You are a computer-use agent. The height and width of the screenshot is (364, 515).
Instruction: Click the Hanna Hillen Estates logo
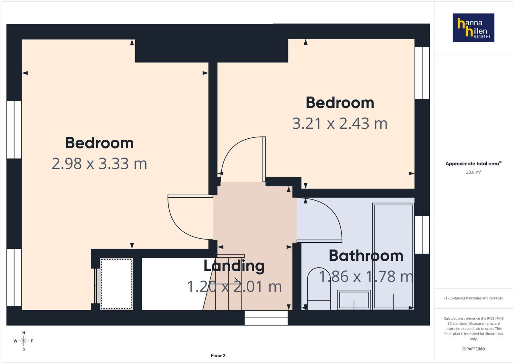pyautogui.click(x=473, y=28)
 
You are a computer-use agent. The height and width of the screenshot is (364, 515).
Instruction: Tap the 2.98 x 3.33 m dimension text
pyautogui.click(x=99, y=163)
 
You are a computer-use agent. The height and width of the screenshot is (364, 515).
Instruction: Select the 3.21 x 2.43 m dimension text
pyautogui.click(x=340, y=123)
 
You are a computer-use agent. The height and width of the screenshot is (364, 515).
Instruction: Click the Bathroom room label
pyautogui.click(x=366, y=256)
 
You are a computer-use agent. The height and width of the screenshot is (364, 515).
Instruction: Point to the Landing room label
pyautogui.click(x=234, y=266)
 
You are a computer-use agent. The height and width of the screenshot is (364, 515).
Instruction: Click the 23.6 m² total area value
pyautogui.click(x=474, y=172)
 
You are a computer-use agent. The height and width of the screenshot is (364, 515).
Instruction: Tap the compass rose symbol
pyautogui.click(x=24, y=341)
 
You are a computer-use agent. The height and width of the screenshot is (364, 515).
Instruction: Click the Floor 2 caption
pyautogui.click(x=218, y=356)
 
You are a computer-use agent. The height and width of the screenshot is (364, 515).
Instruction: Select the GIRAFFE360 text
pyautogui.click(x=473, y=349)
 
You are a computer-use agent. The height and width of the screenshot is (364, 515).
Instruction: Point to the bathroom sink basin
pyautogui.click(x=354, y=300)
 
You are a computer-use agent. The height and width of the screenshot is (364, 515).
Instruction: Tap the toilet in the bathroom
pyautogui.click(x=319, y=288)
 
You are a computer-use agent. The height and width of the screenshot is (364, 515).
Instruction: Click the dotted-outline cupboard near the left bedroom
pyautogui.click(x=117, y=284)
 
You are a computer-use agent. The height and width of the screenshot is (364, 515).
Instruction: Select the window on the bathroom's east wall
pyautogui.click(x=422, y=235)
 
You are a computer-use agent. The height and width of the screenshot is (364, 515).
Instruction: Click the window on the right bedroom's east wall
pyautogui.click(x=422, y=73)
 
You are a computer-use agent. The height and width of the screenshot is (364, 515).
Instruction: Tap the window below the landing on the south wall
pyautogui.click(x=266, y=318)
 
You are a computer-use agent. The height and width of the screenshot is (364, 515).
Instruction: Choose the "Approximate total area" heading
pyautogui.click(x=473, y=163)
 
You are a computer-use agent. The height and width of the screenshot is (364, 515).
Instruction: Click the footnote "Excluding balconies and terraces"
pyautogui.click(x=473, y=298)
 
